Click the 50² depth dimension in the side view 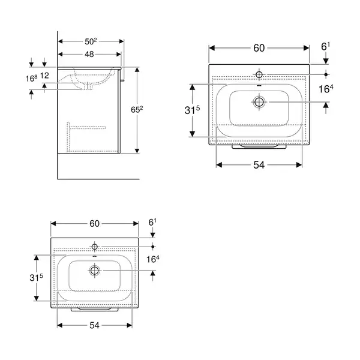tap(91, 41)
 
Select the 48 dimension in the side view tap(89, 54)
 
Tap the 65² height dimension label tap(137, 110)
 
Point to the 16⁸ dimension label tap(31, 78)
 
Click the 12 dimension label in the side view tap(45, 76)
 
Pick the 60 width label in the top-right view tap(259, 48)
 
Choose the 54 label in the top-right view tap(259, 165)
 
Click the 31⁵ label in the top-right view tap(192, 110)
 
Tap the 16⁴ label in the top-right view tap(326, 89)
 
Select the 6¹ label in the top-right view tap(326, 47)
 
